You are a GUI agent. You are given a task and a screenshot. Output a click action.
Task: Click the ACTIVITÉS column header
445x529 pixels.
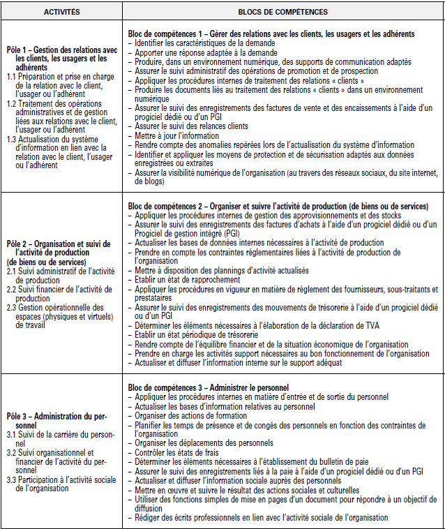coord(61,12)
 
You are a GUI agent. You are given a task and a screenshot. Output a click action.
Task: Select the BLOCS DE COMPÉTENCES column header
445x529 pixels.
coord(282,12)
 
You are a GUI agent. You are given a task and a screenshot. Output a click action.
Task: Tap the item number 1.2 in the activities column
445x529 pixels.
coord(12,103)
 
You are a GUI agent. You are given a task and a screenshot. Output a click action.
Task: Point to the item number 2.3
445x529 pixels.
coord(12,307)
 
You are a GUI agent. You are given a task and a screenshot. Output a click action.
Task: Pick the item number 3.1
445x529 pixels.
coord(12,433)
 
